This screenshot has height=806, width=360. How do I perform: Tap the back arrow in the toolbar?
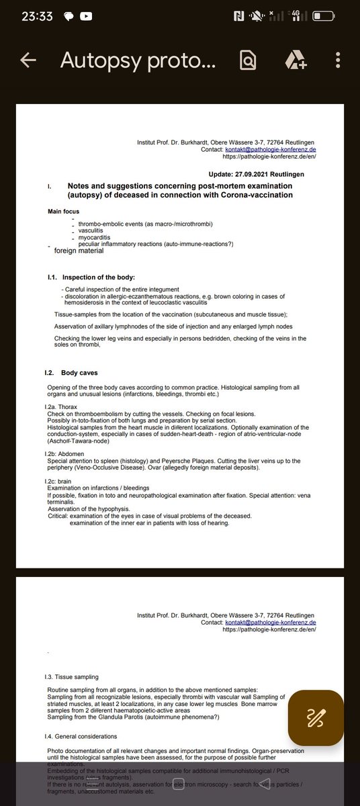tap(28, 60)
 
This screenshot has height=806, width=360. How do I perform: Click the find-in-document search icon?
tap(249, 60)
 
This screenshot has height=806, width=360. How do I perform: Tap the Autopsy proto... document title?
tap(138, 60)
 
